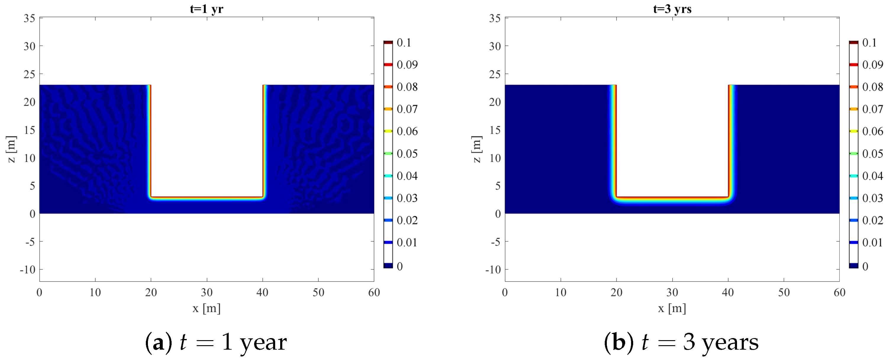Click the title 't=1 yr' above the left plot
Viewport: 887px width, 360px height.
[207, 9]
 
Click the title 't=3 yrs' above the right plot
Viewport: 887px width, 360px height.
[672, 9]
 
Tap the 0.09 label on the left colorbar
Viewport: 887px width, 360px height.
[407, 65]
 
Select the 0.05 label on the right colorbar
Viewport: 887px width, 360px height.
[873, 154]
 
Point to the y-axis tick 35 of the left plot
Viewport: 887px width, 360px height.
[29, 18]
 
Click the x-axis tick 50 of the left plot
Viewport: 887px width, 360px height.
[318, 292]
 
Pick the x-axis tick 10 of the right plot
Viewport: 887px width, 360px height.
[561, 292]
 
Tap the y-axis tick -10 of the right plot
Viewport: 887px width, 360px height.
[493, 269]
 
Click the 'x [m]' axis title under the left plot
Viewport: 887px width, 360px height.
[207, 308]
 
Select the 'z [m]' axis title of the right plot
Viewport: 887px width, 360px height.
[477, 149]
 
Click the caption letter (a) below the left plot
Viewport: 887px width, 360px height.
[158, 343]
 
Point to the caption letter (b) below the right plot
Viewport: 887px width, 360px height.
[618, 343]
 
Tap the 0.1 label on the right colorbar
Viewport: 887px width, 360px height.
[869, 43]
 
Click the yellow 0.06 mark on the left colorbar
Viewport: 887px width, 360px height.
[388, 131]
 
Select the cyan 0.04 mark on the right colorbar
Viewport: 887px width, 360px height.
[854, 176]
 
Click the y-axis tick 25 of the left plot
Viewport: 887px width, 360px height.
[29, 74]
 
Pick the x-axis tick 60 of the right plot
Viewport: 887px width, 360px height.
[839, 292]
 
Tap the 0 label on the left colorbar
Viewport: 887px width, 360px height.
[400, 266]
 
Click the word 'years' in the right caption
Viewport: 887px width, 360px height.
[730, 343]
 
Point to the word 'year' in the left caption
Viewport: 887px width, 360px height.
[263, 343]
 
